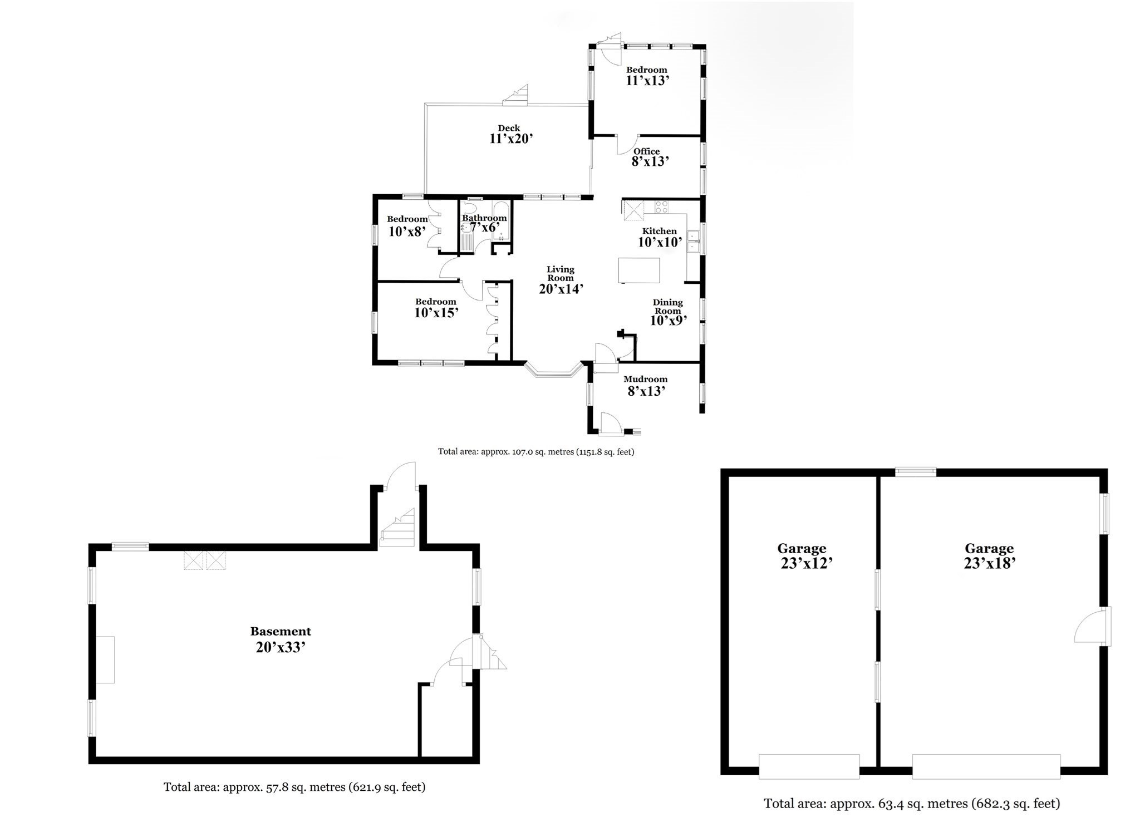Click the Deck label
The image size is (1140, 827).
coord(509,128)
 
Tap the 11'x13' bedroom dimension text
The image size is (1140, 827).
coord(647,81)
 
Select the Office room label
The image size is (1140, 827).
coord(646,151)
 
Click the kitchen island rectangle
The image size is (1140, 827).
coord(638,270)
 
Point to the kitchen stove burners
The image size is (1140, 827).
coord(662,207)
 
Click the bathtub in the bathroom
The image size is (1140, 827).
coord(501,221)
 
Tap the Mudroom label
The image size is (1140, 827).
coord(645,380)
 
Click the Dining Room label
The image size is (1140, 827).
coord(667,307)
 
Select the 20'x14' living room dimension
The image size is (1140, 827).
coord(561,289)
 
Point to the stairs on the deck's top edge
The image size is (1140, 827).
coord(515,96)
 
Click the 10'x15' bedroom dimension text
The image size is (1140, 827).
coord(436,313)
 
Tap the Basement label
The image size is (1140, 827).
coord(280,631)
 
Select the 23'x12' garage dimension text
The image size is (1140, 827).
coord(806,563)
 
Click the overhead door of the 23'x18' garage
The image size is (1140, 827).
coord(986,766)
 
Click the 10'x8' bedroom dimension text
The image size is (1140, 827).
coord(407,231)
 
